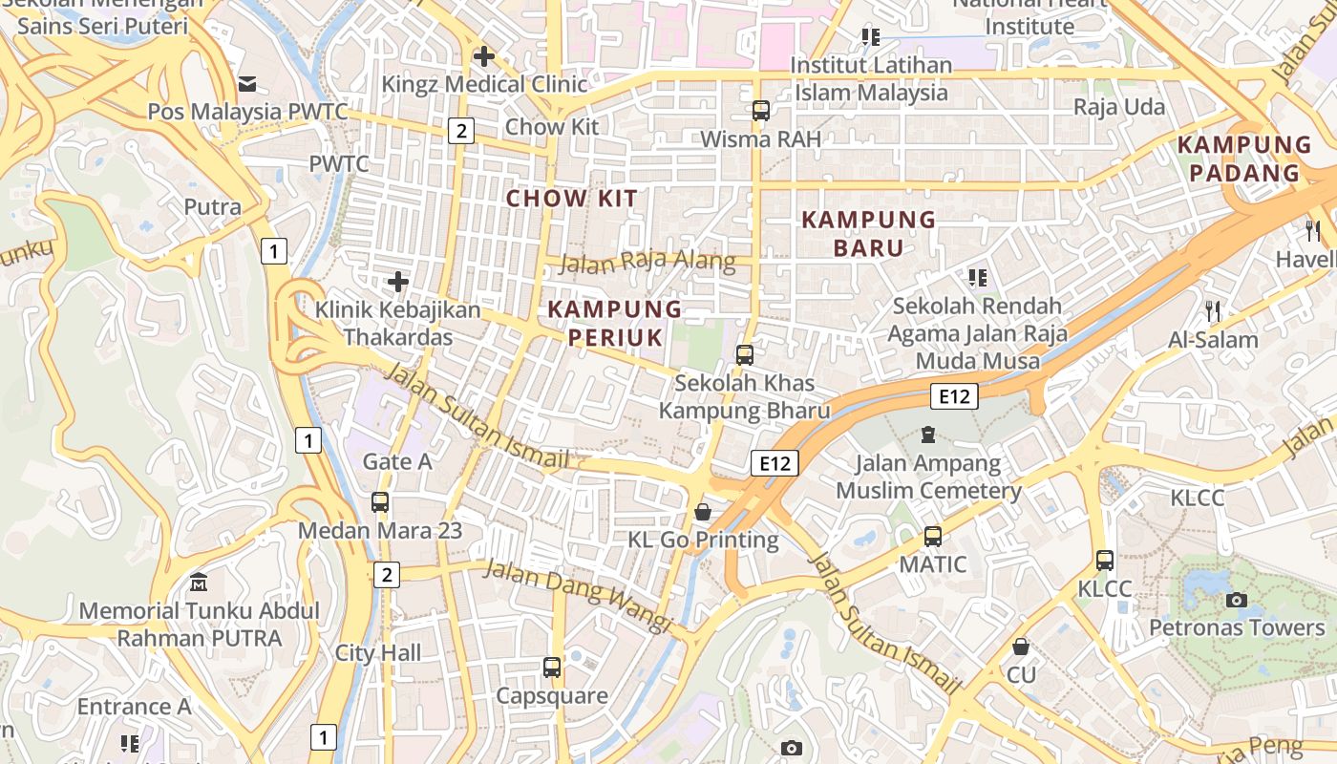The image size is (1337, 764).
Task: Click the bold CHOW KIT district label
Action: (x=571, y=199)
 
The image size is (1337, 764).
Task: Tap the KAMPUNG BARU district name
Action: (x=868, y=234)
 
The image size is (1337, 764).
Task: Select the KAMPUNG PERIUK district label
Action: (x=615, y=323)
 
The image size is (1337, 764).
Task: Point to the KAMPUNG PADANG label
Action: (x=1243, y=159)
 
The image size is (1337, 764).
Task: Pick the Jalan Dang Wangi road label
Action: (x=579, y=595)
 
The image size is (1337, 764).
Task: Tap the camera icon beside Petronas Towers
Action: (x=1236, y=600)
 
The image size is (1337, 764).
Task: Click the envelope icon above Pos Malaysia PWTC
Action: (x=247, y=84)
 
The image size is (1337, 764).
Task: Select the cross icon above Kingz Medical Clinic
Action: (x=484, y=56)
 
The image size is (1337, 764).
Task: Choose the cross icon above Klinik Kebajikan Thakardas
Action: (x=398, y=282)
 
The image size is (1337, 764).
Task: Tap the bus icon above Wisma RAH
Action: (x=760, y=111)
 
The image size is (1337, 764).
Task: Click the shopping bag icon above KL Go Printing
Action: (x=703, y=512)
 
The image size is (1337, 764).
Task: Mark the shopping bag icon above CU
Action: (x=1021, y=647)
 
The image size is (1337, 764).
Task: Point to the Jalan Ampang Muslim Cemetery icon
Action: (x=927, y=435)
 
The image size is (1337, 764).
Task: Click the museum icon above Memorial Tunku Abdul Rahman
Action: (x=199, y=582)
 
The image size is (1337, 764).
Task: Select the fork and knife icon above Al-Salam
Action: (x=1213, y=310)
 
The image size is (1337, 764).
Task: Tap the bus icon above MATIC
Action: (x=933, y=537)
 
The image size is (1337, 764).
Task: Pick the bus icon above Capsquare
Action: (x=551, y=668)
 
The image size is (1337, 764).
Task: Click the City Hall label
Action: (x=378, y=653)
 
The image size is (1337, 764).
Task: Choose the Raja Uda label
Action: (x=1119, y=107)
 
